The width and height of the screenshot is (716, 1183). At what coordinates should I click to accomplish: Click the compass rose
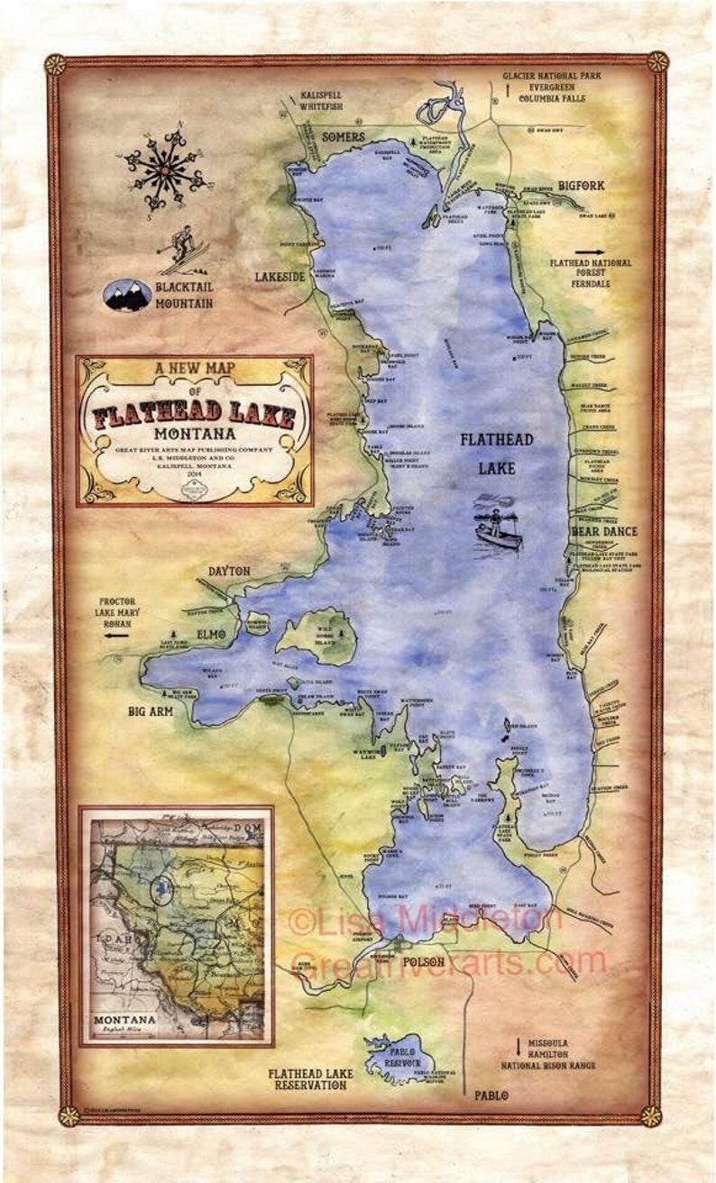point(165,168)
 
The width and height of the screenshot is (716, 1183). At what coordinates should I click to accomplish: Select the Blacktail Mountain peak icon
point(127,294)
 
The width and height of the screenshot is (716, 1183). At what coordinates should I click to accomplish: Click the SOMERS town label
point(344,137)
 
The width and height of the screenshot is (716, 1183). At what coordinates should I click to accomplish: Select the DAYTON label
point(229,571)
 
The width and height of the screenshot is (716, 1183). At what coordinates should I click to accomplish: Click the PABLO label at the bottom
point(494,1097)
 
